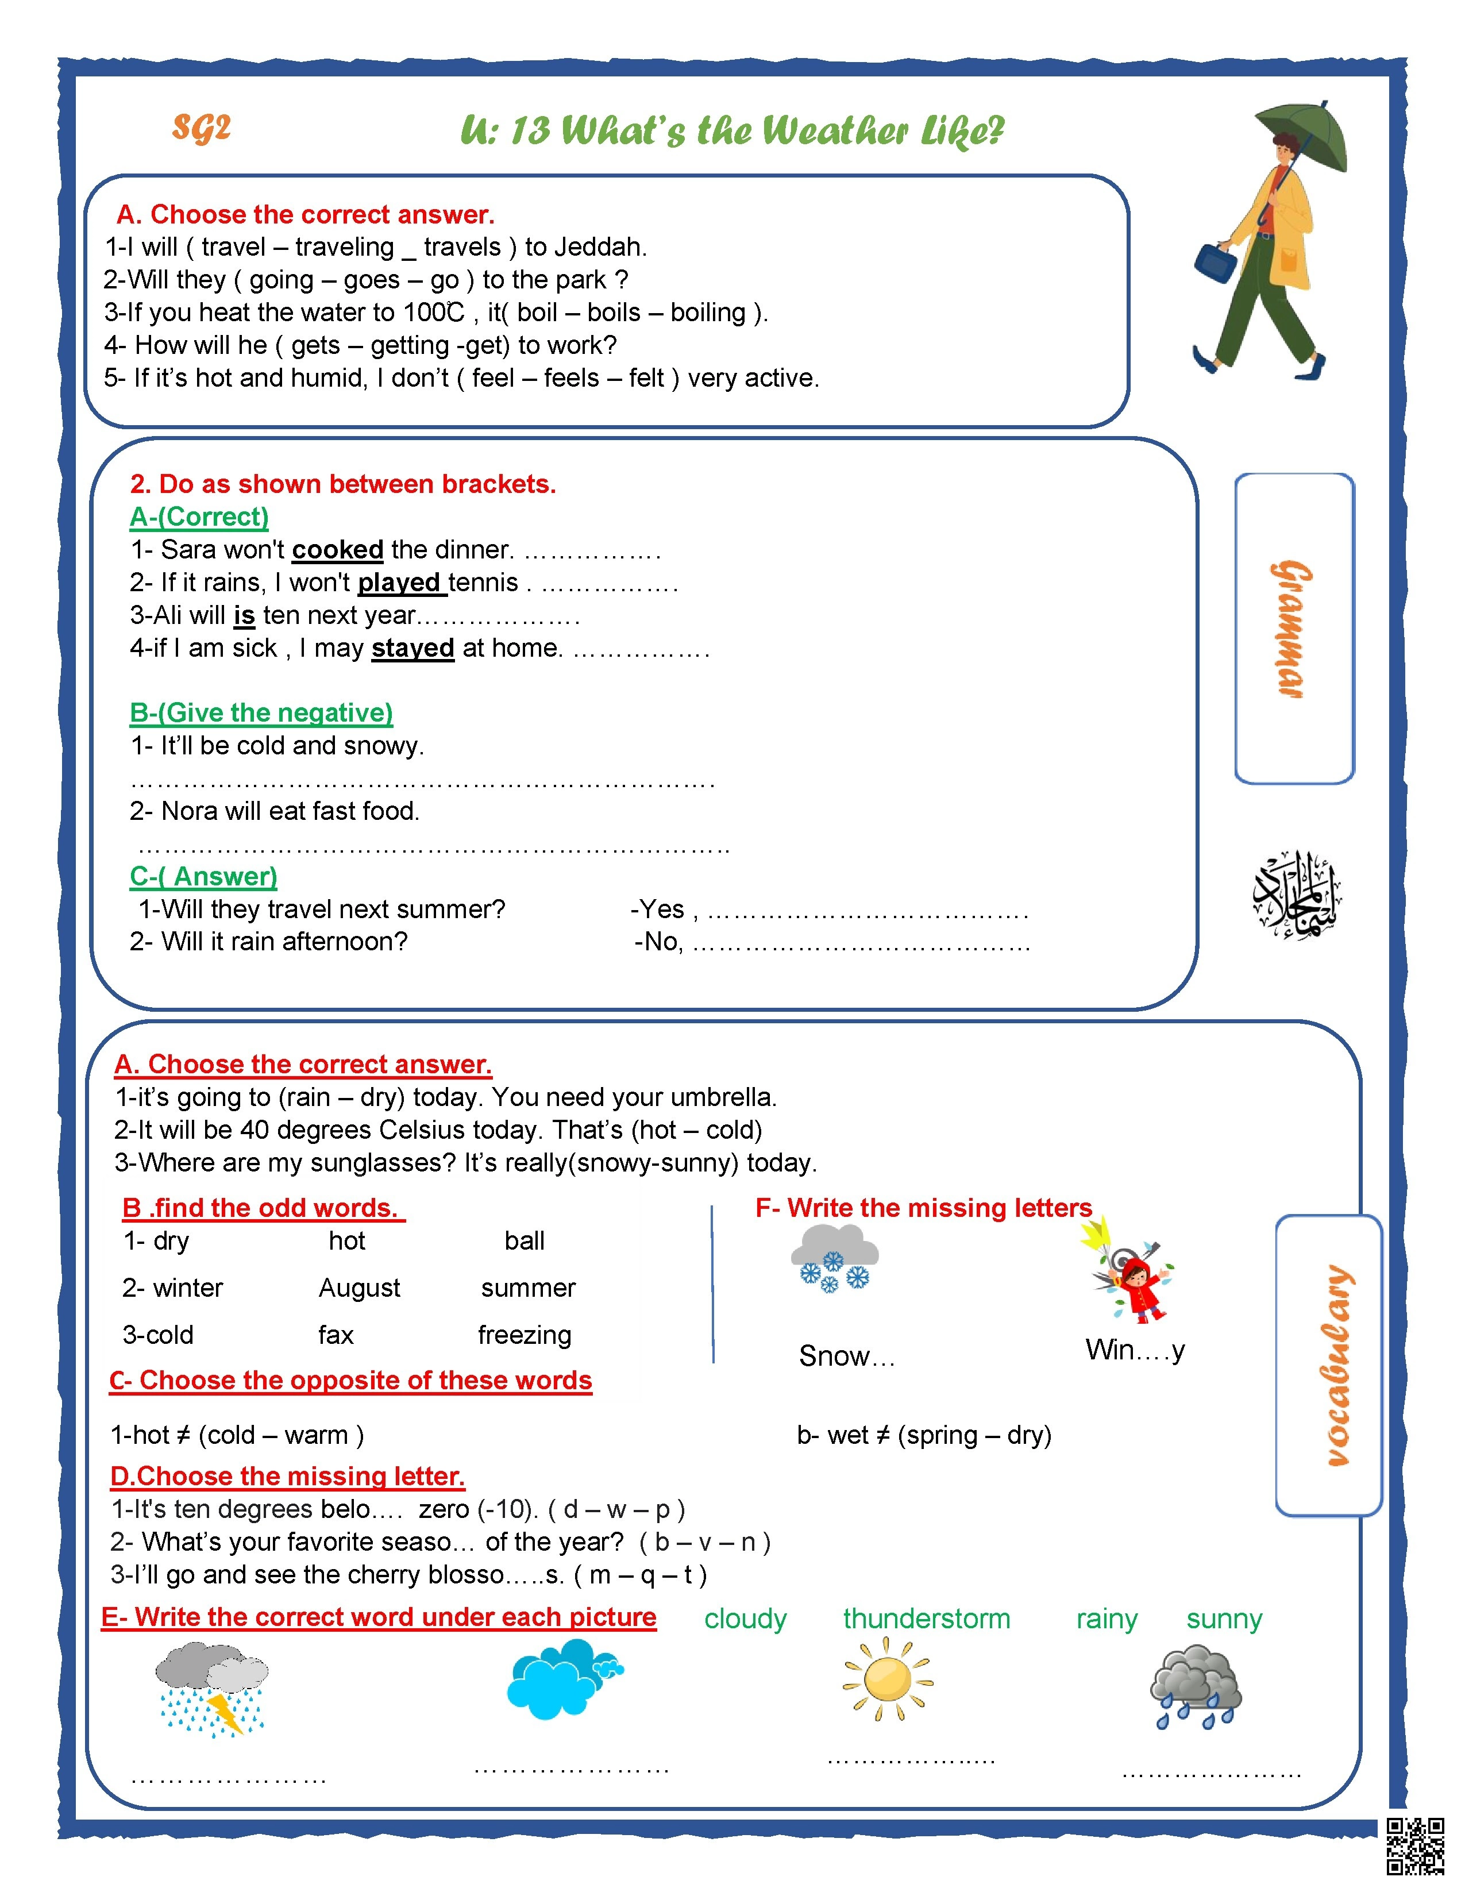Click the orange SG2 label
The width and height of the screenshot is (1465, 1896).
pyautogui.click(x=201, y=129)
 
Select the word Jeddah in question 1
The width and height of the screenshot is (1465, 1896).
pyautogui.click(x=599, y=248)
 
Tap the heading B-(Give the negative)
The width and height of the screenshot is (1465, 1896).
pyautogui.click(x=261, y=713)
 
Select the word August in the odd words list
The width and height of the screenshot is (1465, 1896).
pyautogui.click(x=359, y=1288)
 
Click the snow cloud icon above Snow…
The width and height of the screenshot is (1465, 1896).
pyautogui.click(x=834, y=1259)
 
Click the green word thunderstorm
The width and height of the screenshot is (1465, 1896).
pyautogui.click(x=926, y=1619)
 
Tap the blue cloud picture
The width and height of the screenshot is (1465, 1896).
pyautogui.click(x=560, y=1680)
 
